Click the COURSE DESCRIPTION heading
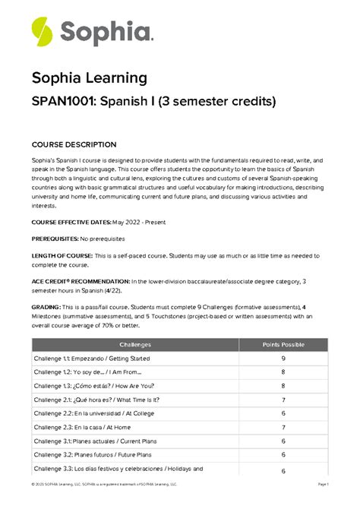click(x=74, y=145)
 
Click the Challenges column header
click(x=135, y=344)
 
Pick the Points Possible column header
click(x=283, y=344)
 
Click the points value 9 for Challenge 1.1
click(x=283, y=359)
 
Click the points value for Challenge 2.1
click(x=283, y=400)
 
